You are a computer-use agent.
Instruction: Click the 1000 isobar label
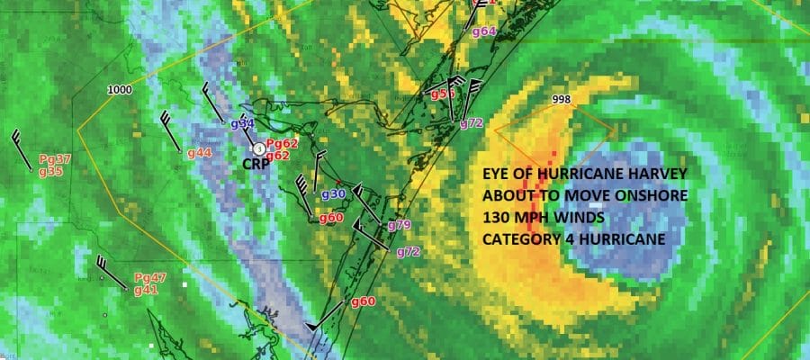(x=119, y=90)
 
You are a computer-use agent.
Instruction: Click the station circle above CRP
(x=258, y=148)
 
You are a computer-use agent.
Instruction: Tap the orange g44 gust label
(x=199, y=153)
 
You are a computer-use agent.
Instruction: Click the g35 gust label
(x=50, y=171)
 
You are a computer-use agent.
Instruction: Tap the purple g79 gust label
(x=399, y=224)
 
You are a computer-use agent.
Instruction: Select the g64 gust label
(x=484, y=32)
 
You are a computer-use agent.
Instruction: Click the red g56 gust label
(x=442, y=94)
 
